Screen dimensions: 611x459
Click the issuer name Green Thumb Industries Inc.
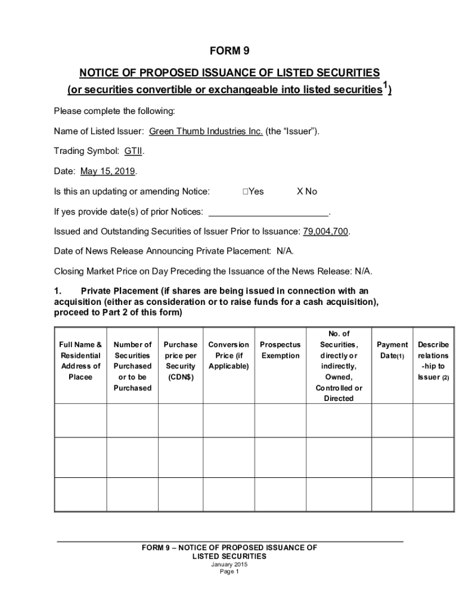click(206, 131)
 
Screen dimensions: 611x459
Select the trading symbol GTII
click(134, 152)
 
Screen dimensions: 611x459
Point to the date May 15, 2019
click(108, 171)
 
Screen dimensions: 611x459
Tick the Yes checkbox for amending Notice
click(246, 192)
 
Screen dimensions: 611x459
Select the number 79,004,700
click(325, 232)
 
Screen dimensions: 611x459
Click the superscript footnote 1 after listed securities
click(386, 85)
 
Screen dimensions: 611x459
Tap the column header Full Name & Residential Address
click(80, 361)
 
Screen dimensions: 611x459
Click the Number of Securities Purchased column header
click(132, 366)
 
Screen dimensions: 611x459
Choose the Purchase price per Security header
click(181, 361)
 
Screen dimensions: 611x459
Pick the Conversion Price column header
click(228, 356)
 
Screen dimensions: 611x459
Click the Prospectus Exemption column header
click(280, 350)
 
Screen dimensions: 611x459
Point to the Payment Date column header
click(392, 350)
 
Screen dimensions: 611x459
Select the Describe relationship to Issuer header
click(433, 361)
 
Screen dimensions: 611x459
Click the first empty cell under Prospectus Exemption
click(280, 420)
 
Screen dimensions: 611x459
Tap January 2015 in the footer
click(229, 564)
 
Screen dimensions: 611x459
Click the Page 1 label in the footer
click(229, 572)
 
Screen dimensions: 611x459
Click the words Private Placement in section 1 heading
click(117, 291)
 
